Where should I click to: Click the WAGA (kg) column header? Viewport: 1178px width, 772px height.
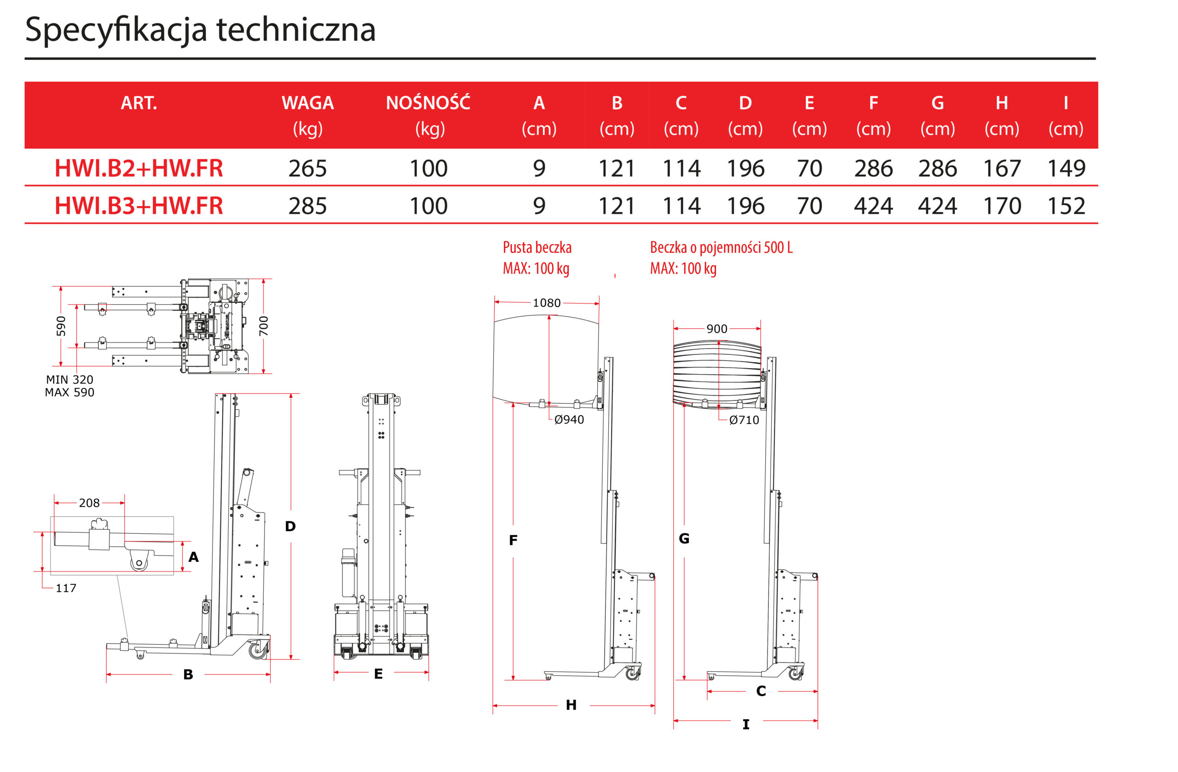coord(307,115)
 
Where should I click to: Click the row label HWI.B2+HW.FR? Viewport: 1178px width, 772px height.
coord(139,168)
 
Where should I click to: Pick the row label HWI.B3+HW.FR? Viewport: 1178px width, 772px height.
coord(139,206)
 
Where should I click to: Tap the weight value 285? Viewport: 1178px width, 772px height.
coord(307,206)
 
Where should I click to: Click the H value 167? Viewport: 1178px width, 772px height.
coord(1001,168)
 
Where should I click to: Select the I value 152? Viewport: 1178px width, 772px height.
coord(1066,206)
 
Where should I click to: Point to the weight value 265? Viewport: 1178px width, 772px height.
coord(307,168)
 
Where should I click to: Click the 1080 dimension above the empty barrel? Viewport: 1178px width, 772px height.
coord(546,303)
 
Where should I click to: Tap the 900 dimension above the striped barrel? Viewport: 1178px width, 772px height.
coord(717,329)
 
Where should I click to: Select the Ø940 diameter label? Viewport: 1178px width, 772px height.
coord(569,419)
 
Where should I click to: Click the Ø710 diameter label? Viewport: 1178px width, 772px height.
coord(744,420)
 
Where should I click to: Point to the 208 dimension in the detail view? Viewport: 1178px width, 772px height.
coord(89,503)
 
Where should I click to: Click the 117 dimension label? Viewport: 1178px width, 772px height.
coord(66,588)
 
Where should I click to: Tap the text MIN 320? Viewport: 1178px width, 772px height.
coord(69,379)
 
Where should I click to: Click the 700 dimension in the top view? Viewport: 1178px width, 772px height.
coord(264,326)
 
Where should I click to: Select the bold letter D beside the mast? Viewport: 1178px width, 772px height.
coord(290,526)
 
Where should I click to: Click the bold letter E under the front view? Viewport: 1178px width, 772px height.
coord(378,674)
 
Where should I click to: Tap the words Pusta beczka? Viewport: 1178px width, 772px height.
coord(537,247)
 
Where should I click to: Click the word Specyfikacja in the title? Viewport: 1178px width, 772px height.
coord(116,30)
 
